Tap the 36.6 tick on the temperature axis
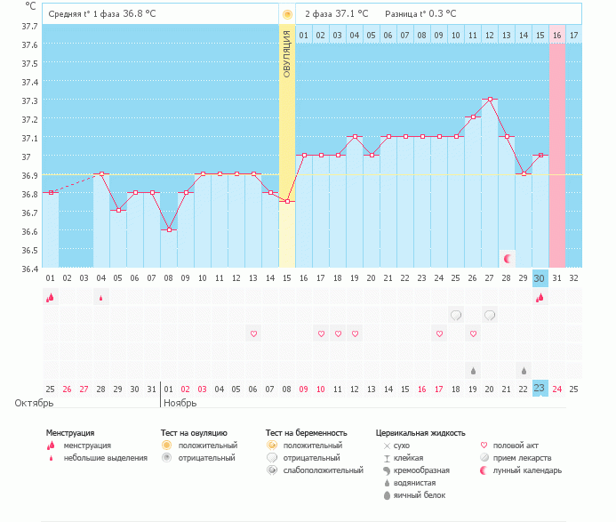click(x=29, y=231)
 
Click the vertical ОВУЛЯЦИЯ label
click(x=287, y=54)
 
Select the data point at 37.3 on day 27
click(x=490, y=100)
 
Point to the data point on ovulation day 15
click(x=287, y=202)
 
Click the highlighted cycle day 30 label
click(x=540, y=278)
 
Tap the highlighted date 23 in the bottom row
click(x=540, y=389)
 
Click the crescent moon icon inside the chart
click(x=508, y=258)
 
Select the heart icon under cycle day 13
click(x=253, y=333)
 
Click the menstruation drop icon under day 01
click(x=51, y=297)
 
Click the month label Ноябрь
click(x=180, y=403)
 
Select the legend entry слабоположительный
click(x=324, y=470)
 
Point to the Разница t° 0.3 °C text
click(x=420, y=14)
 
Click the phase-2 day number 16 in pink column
click(x=556, y=35)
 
